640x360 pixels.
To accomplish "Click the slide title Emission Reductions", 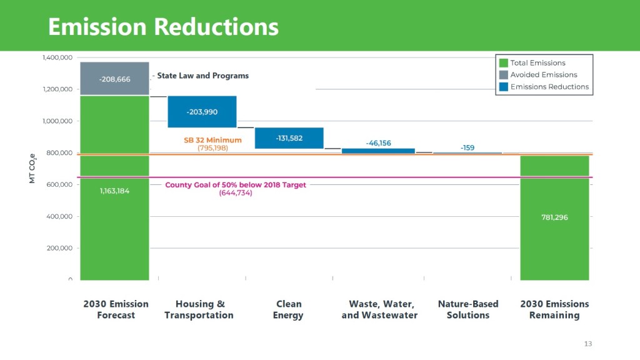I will coord(163,27).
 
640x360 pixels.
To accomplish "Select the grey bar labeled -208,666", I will coord(114,79).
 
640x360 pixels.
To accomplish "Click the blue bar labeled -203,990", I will coord(202,111).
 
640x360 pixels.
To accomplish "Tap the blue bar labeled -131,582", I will coord(289,138).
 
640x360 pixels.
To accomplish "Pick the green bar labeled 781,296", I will coord(554,217).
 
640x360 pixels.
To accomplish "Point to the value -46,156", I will coord(378,143).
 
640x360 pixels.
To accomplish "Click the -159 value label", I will coord(467,147).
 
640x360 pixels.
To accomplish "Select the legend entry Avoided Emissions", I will coord(543,75).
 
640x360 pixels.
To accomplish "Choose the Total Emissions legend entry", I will coord(537,62).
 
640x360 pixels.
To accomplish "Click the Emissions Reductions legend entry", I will coord(549,87).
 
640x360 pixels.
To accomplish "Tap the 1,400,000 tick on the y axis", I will coord(58,57).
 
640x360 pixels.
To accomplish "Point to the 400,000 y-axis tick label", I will coord(60,216).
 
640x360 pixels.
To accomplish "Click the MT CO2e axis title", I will coord(32,169).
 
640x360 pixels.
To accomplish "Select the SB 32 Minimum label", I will coord(212,140).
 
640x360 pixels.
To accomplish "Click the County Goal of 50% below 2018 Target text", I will coord(236,185).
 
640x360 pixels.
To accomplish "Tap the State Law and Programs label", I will coord(202,76).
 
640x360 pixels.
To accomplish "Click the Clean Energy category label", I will coord(288,309).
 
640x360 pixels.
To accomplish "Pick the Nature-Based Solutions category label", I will coord(467,309).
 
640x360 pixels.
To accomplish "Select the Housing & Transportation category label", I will coord(199,309).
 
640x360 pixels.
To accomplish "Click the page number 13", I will coord(587,344).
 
